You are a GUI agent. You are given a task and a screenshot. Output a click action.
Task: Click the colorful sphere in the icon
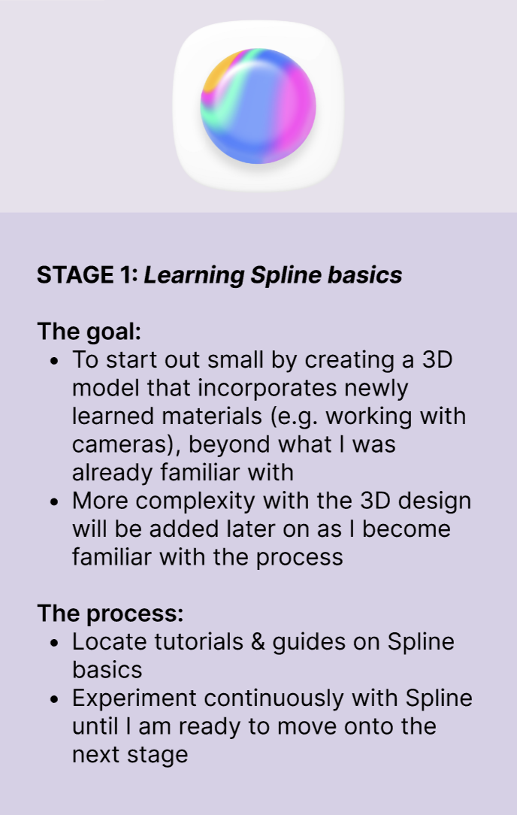[258, 106]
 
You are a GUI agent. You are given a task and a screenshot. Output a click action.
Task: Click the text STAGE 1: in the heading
[87, 275]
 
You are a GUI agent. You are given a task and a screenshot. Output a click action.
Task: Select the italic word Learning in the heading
[194, 275]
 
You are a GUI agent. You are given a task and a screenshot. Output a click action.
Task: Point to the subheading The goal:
[89, 332]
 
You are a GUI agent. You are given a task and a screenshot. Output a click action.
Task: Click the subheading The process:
[110, 614]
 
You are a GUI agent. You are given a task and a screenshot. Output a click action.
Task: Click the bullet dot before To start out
[54, 361]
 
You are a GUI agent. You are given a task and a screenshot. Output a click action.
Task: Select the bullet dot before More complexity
[54, 501]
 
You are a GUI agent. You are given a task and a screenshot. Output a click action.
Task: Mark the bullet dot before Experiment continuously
[54, 699]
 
